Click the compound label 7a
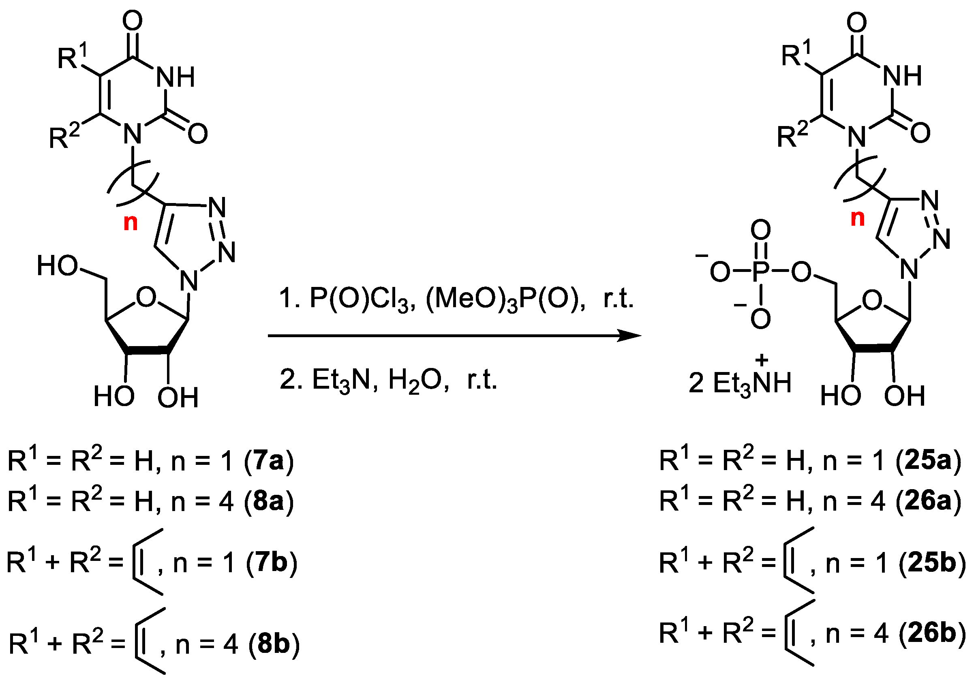(x=269, y=461)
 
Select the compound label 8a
(x=269, y=501)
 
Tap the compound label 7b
(x=272, y=562)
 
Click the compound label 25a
(x=928, y=461)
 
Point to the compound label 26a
(x=928, y=501)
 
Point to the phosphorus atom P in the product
(x=760, y=272)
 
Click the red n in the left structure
(x=131, y=222)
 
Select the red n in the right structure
(x=858, y=218)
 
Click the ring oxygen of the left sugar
(x=146, y=297)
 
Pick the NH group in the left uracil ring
(x=176, y=77)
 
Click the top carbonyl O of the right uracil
(x=856, y=22)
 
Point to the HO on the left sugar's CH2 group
(x=57, y=265)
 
